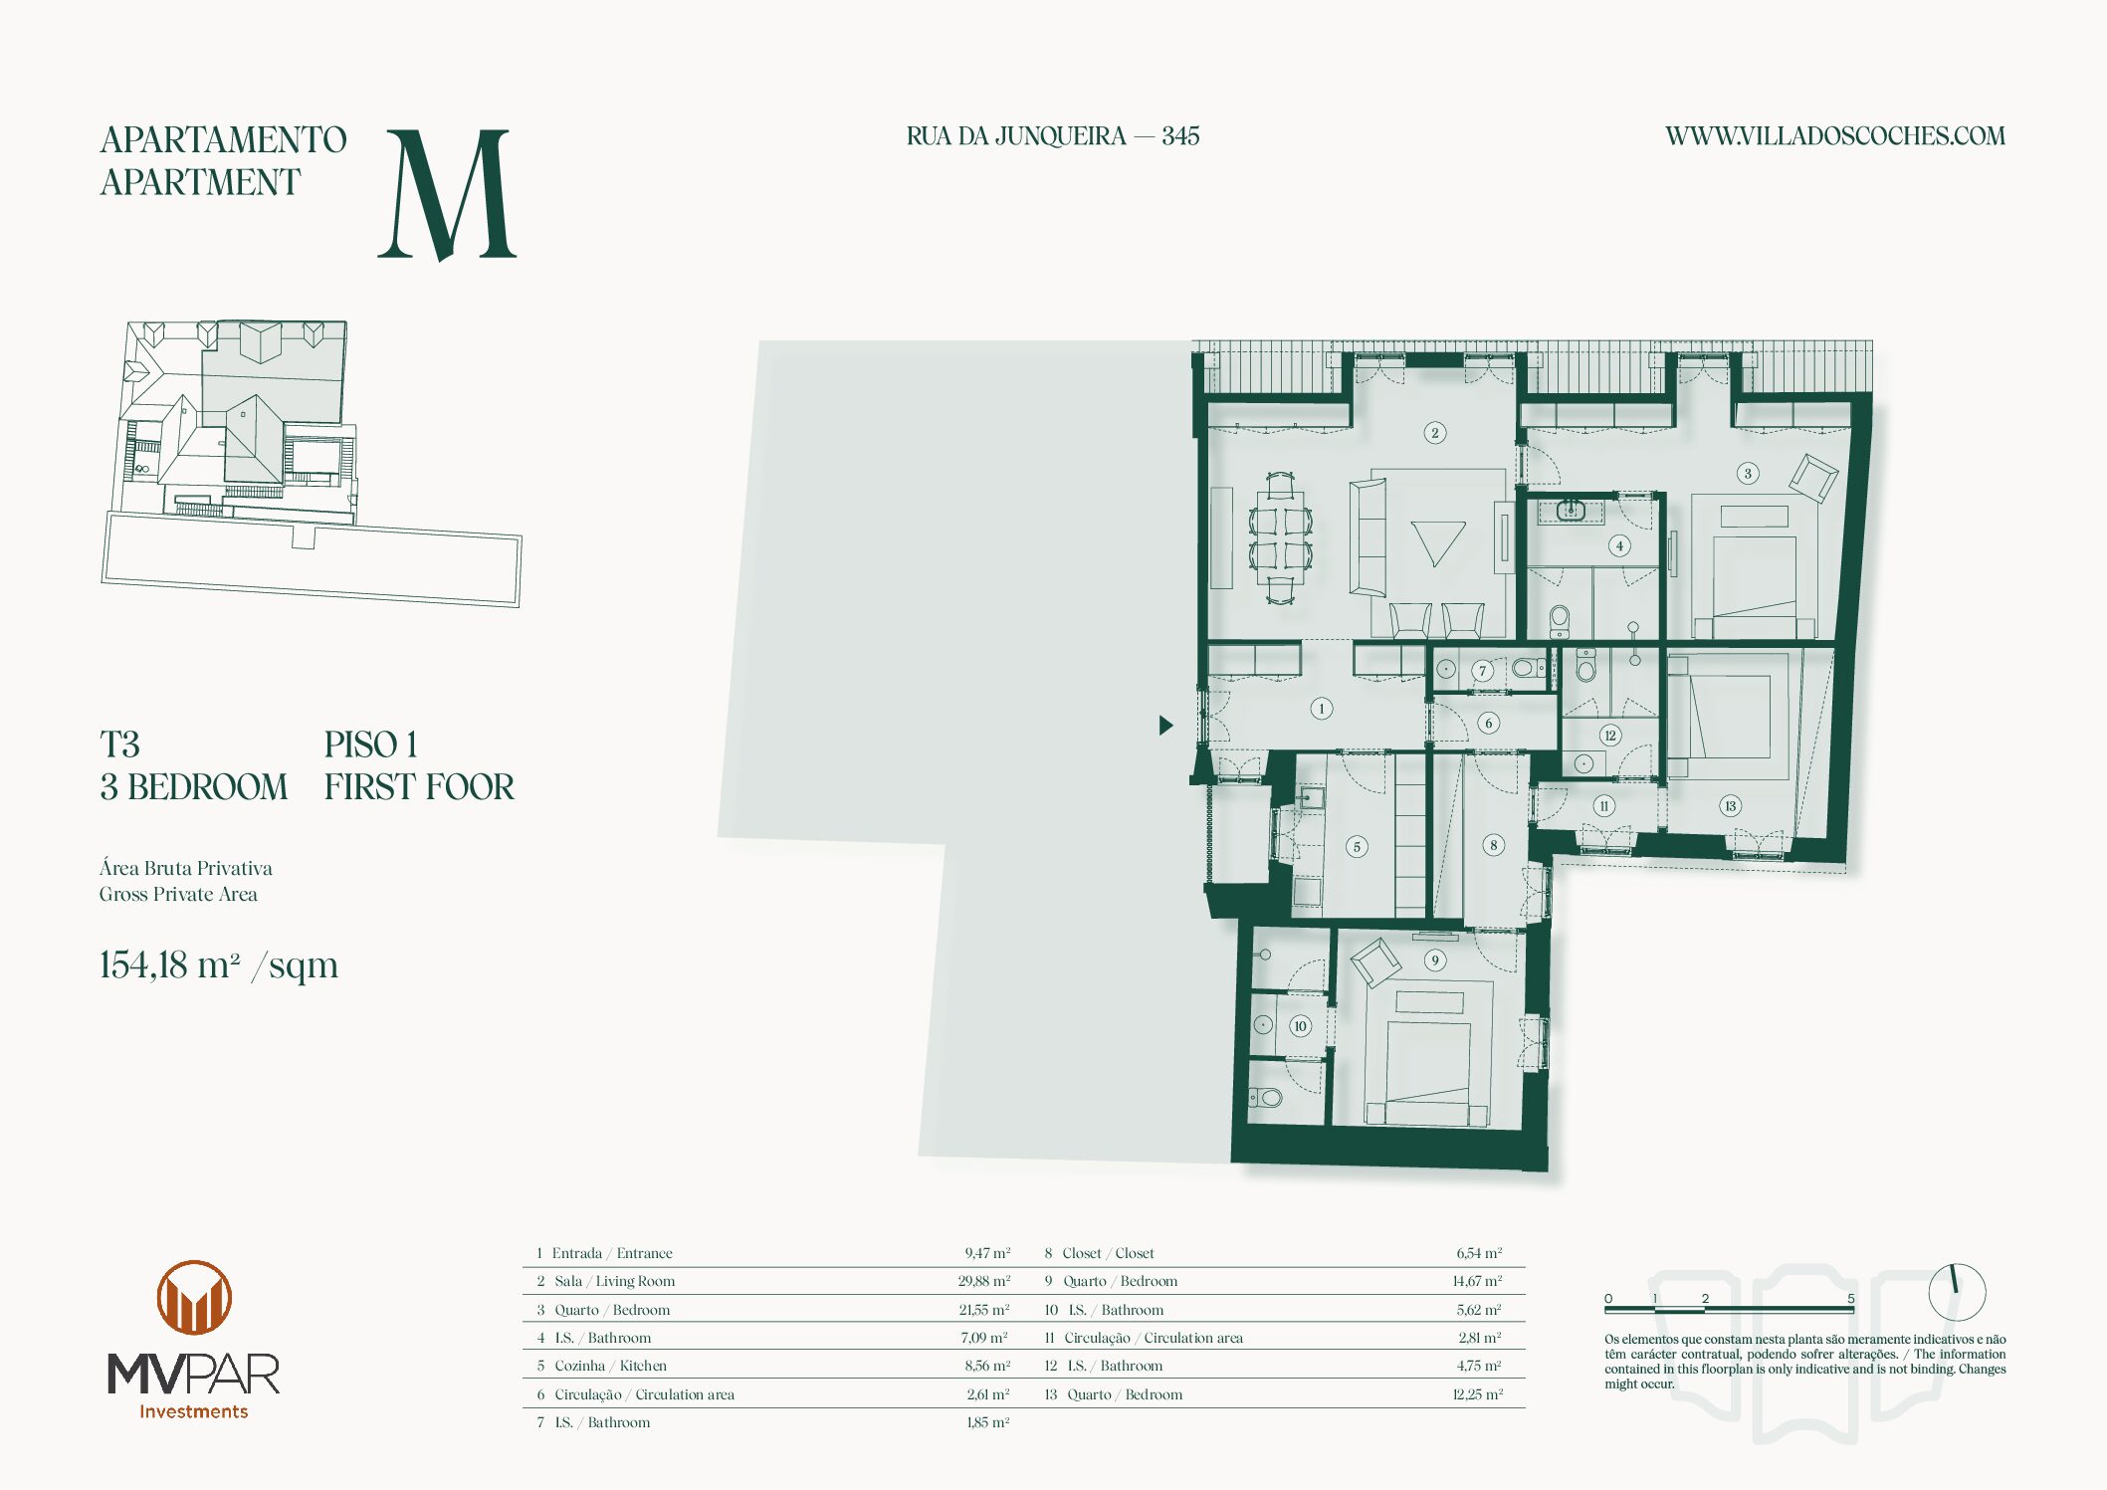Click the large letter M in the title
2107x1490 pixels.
pos(448,194)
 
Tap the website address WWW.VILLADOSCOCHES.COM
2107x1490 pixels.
pos(1835,136)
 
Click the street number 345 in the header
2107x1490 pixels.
pos(1180,136)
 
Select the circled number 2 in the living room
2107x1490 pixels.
pos(1434,433)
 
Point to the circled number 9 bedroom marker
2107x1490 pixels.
pos(1434,960)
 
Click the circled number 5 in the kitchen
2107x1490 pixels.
pos(1357,847)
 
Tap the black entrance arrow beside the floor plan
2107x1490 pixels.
pos(1166,726)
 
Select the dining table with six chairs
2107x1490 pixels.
pos(1280,537)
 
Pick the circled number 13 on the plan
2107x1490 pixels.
pos(1730,806)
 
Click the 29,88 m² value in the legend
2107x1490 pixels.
pos(983,1281)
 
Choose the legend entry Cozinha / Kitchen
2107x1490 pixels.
pos(610,1366)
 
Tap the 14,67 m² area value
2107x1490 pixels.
pos(1477,1281)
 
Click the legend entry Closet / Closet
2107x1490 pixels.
pos(1108,1253)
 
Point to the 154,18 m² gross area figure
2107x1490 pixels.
pos(219,965)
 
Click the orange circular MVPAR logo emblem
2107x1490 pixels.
pos(194,1298)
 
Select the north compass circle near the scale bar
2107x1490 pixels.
pos(1957,1292)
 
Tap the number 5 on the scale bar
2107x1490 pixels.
pos(1851,1298)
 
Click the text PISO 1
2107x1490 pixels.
pos(370,745)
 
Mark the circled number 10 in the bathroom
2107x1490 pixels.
pos(1300,1026)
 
